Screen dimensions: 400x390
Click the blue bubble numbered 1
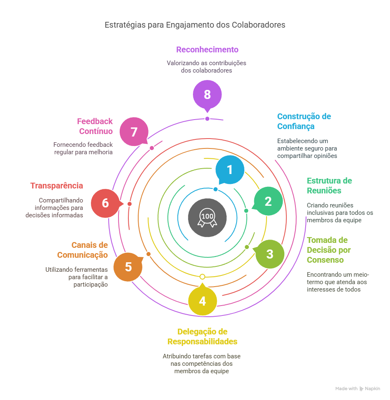[230, 170]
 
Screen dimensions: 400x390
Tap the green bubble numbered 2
[268, 201]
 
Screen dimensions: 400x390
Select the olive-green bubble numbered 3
[269, 254]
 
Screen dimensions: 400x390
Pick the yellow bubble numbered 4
[202, 301]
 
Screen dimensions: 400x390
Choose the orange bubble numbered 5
[128, 267]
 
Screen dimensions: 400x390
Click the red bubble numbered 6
[105, 203]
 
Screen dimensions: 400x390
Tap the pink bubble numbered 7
[134, 132]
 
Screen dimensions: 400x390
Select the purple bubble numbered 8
[207, 94]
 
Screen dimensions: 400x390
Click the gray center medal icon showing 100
[207, 217]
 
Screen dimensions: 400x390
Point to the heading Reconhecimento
[207, 49]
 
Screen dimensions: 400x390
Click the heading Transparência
[57, 186]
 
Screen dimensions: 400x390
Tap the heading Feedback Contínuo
[95, 126]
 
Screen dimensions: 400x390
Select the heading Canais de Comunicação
[83, 250]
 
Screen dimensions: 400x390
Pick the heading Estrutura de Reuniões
[329, 186]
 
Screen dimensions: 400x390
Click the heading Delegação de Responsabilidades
[202, 336]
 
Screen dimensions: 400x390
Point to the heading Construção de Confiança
[304, 121]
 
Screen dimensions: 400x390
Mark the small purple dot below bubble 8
[207, 119]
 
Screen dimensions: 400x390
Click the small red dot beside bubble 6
[130, 204]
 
